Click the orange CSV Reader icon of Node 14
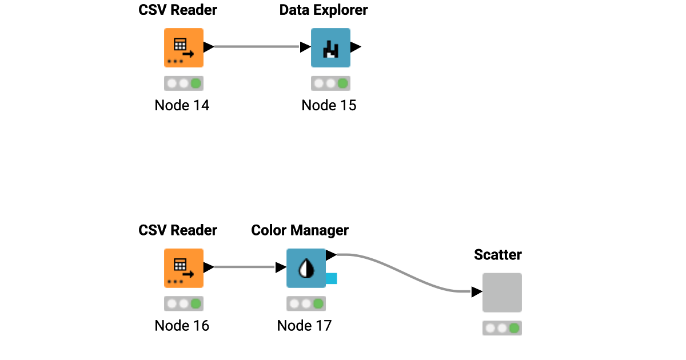click(184, 47)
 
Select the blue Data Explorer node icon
click(330, 47)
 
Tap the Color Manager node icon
click(306, 268)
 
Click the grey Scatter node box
click(502, 293)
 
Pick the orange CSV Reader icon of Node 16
click(184, 268)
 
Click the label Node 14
click(182, 105)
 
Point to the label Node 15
click(329, 105)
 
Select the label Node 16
click(182, 326)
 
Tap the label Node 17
click(304, 326)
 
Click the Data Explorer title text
click(324, 10)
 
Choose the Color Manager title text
click(300, 230)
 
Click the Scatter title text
click(497, 255)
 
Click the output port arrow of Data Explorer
click(356, 47)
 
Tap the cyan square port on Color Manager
click(331, 279)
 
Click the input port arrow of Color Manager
click(281, 267)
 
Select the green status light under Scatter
click(514, 329)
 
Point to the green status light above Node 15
click(343, 84)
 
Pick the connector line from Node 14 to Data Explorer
click(257, 47)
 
